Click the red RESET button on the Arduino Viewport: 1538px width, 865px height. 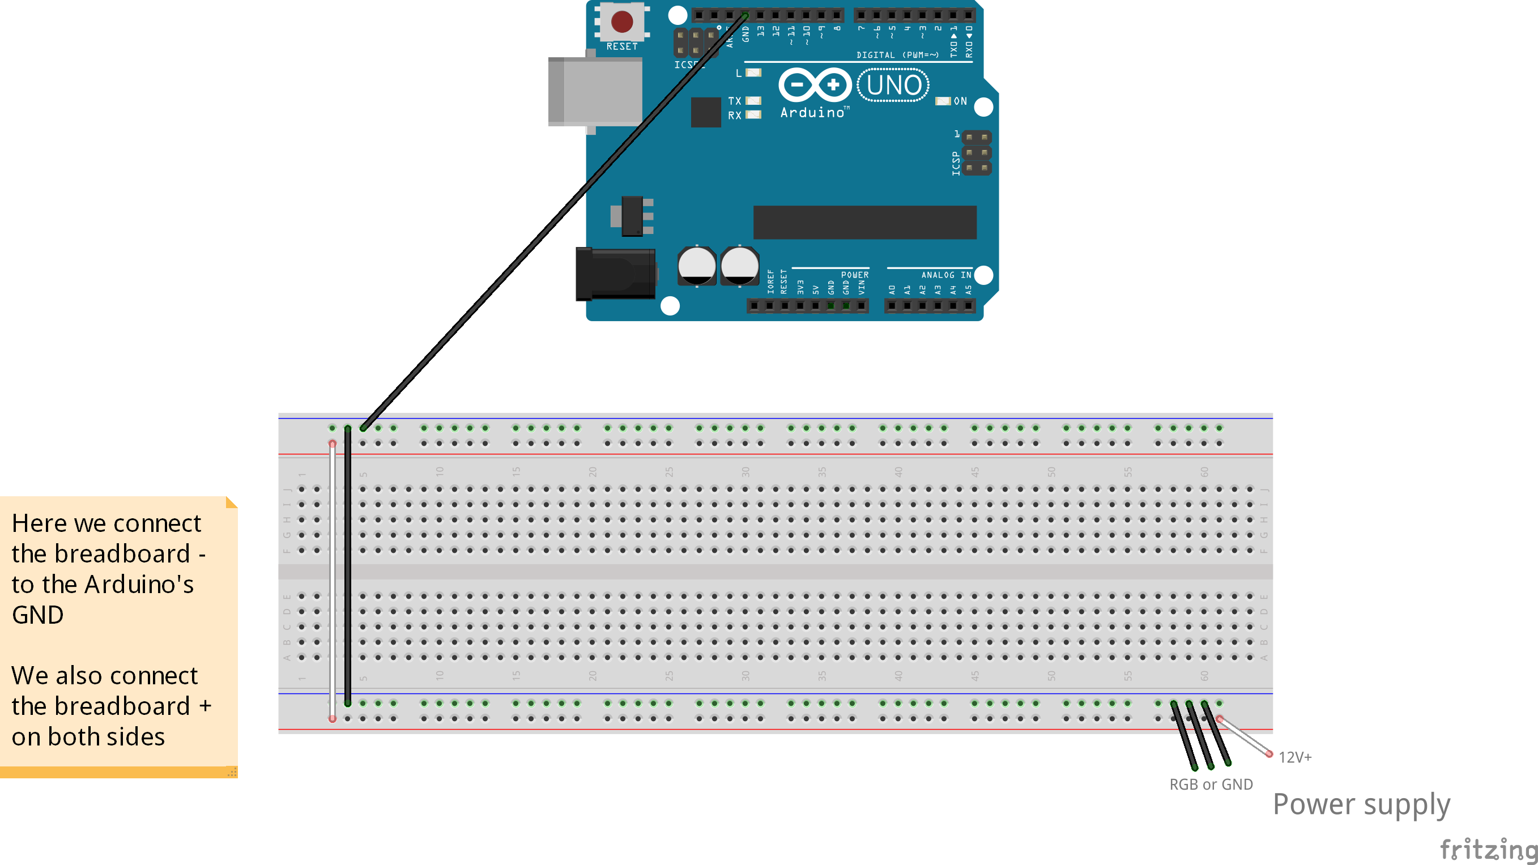point(621,22)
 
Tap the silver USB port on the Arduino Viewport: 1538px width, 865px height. point(595,91)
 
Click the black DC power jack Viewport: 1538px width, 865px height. point(615,274)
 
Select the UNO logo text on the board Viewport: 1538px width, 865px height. point(893,85)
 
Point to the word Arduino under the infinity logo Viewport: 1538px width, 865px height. point(812,112)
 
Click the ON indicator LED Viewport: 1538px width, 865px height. point(943,101)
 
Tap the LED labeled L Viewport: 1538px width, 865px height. point(753,73)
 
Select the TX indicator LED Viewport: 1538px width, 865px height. point(753,101)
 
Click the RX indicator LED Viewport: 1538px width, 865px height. point(753,114)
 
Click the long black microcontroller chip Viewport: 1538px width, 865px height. point(864,222)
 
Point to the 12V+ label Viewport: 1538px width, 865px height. point(1295,757)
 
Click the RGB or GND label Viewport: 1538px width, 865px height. point(1211,785)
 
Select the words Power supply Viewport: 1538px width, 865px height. point(1361,804)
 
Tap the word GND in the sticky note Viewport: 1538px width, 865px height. point(37,615)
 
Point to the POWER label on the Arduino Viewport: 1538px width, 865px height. point(854,275)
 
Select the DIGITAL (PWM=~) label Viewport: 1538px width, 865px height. point(897,55)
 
